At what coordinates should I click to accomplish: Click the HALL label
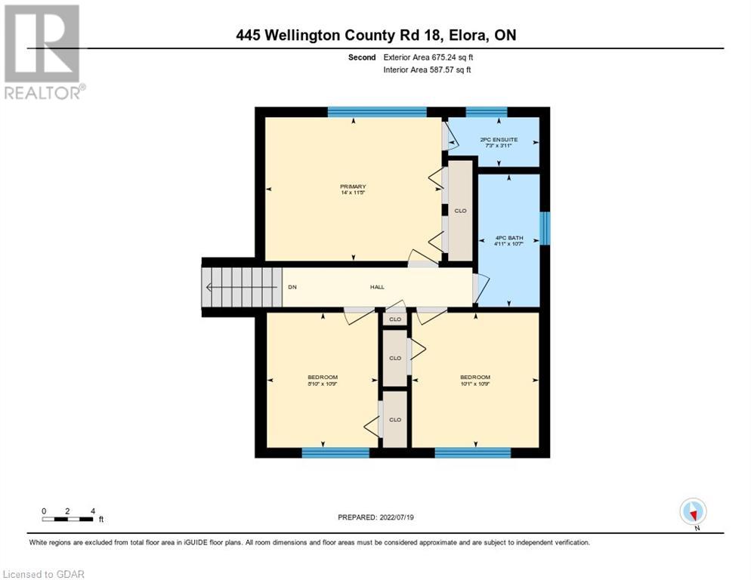click(x=377, y=287)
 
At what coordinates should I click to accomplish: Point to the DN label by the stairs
click(x=292, y=287)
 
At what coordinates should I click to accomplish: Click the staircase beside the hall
click(x=241, y=287)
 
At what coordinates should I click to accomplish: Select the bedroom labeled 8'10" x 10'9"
click(x=322, y=381)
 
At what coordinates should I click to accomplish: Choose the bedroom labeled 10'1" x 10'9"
click(x=475, y=381)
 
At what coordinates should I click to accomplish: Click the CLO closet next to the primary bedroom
click(x=460, y=211)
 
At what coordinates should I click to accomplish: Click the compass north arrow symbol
click(x=693, y=512)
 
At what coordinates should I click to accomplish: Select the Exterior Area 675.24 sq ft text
click(x=428, y=57)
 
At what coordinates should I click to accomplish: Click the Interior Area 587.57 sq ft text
click(x=428, y=70)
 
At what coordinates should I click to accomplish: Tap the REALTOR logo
click(x=43, y=51)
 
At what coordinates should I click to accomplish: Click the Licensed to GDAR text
click(x=43, y=574)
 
